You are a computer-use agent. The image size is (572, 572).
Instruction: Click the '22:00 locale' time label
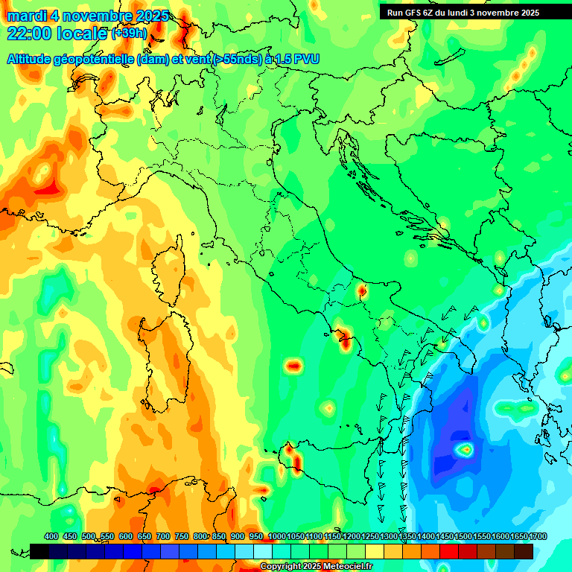click(57, 34)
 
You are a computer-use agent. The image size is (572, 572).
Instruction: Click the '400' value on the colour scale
click(51, 536)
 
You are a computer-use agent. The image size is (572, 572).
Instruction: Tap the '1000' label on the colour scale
click(277, 536)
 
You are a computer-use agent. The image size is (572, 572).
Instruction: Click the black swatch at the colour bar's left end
click(39, 551)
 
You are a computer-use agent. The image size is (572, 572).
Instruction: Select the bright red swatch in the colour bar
click(450, 551)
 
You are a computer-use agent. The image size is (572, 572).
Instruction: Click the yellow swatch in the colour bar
click(375, 551)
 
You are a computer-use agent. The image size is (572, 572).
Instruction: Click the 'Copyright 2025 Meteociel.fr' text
click(316, 567)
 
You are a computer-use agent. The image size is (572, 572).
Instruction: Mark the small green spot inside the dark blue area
click(465, 449)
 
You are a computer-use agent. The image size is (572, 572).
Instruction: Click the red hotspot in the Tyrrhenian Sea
click(293, 366)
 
